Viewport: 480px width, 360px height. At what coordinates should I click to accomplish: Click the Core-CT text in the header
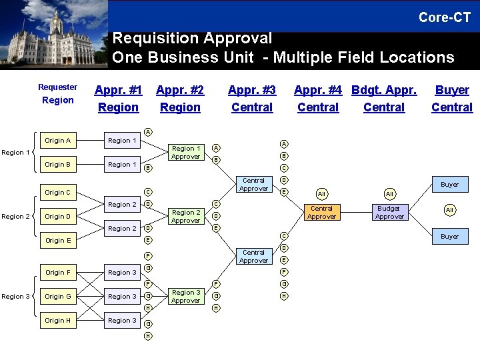coord(444,17)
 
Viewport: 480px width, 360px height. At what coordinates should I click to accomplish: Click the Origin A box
coord(58,141)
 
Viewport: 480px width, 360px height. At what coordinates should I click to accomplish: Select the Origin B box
coord(58,165)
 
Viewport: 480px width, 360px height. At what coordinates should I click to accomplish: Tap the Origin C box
coord(58,193)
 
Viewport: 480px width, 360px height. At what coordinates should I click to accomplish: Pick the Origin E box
coord(58,241)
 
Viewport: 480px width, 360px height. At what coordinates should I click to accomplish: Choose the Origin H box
coord(58,321)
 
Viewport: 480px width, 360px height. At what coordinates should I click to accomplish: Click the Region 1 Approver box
coord(185,153)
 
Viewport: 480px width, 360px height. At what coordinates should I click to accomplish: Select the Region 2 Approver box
coord(185,217)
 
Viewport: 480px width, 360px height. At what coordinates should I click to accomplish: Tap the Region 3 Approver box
coord(185,297)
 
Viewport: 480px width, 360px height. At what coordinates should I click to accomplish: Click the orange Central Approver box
coord(321,213)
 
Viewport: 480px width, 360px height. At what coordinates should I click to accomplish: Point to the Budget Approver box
coord(389,213)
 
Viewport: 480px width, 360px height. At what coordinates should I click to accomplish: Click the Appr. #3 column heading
coord(252,90)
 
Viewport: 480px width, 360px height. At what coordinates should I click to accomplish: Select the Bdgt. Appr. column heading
coord(384,90)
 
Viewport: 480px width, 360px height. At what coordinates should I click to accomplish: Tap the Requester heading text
coord(57,87)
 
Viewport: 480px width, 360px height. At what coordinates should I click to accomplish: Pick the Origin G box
coord(58,297)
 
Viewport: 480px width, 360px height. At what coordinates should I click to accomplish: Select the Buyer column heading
coord(452,90)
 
